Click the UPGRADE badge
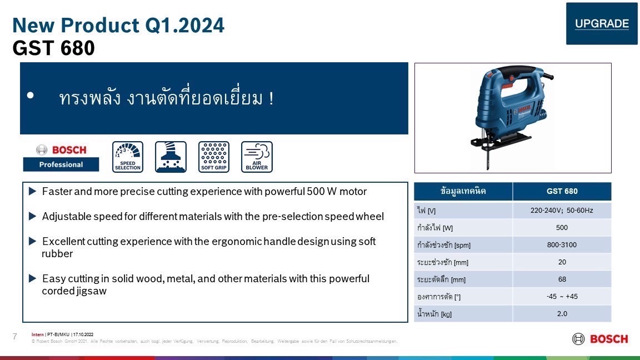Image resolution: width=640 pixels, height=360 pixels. click(602, 24)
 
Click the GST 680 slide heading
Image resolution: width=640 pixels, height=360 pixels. click(54, 49)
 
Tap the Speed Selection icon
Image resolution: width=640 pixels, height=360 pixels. click(128, 157)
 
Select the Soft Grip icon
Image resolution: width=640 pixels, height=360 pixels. click(214, 157)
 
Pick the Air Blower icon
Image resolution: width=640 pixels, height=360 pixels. click(257, 157)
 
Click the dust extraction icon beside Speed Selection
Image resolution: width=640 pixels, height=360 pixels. click(171, 157)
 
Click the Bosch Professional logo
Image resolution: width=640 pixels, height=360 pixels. click(61, 157)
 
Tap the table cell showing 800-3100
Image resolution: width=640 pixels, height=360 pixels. click(562, 245)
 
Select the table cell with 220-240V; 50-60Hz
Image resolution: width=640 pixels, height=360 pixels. click(562, 211)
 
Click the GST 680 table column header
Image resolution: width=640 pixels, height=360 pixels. click(562, 191)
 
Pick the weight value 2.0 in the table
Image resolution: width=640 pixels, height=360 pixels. click(562, 314)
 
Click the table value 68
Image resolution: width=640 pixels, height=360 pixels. click(562, 279)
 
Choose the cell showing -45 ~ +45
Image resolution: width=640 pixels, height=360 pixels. click(562, 297)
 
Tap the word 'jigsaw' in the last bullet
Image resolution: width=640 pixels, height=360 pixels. click(92, 291)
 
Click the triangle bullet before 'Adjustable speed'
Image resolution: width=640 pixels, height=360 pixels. click(32, 216)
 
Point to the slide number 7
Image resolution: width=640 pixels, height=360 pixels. click(15, 336)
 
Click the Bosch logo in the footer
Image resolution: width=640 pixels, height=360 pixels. click(600, 339)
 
